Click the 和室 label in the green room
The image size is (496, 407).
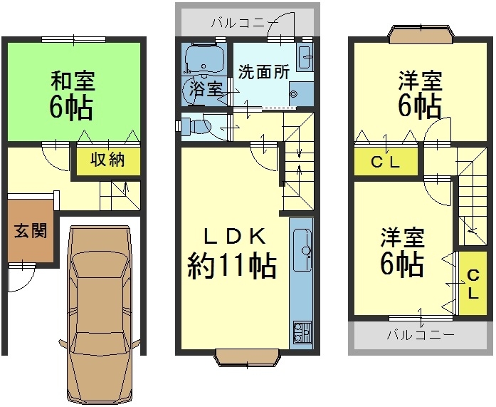point(73,81)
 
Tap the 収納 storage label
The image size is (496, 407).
point(108,160)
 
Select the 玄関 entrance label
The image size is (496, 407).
point(31,230)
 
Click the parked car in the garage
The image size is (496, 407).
point(100,314)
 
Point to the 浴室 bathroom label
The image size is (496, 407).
point(206,88)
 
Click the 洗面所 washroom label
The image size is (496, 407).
point(263,72)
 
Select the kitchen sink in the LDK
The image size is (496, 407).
point(302,250)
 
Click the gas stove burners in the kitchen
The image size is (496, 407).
point(302,332)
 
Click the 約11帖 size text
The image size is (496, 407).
point(232,267)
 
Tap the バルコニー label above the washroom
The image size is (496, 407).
point(245,23)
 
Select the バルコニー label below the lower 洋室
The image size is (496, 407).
point(421,335)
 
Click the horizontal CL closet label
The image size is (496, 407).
point(385,163)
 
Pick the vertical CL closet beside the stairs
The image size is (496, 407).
point(473,284)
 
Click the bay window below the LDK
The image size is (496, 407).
point(247,357)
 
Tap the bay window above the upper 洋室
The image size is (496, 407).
point(421,34)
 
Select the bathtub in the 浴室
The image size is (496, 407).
point(204,60)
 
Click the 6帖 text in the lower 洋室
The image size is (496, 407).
point(402,264)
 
